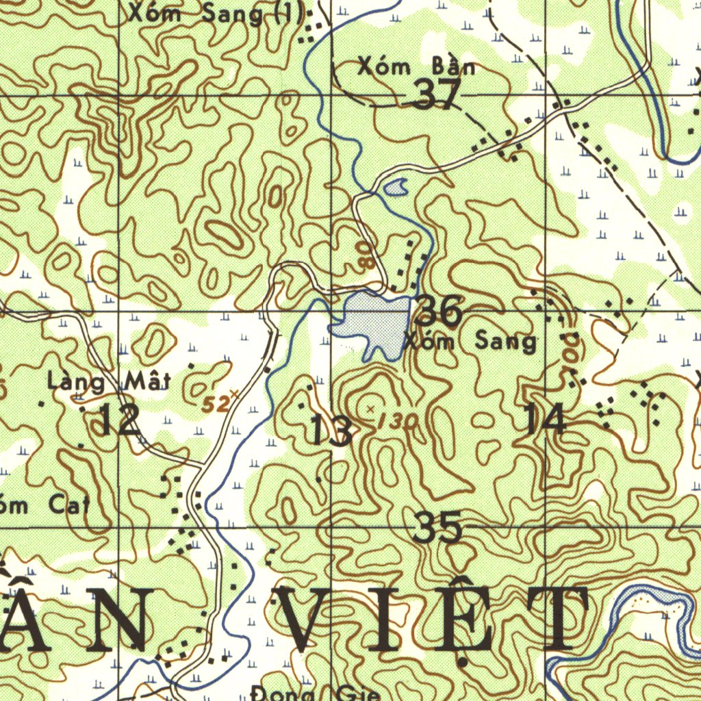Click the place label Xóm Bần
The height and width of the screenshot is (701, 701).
[416, 68]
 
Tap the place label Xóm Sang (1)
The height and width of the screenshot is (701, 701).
[216, 13]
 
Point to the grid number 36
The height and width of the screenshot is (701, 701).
[439, 311]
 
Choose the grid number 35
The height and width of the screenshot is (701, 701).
[438, 528]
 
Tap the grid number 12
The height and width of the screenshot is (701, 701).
[120, 420]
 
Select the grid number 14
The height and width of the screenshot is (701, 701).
[546, 419]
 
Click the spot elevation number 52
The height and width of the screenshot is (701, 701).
[215, 405]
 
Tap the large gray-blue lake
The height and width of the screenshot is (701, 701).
[373, 320]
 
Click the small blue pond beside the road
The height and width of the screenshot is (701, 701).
[396, 186]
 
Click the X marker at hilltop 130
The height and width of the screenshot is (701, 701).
[370, 408]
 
